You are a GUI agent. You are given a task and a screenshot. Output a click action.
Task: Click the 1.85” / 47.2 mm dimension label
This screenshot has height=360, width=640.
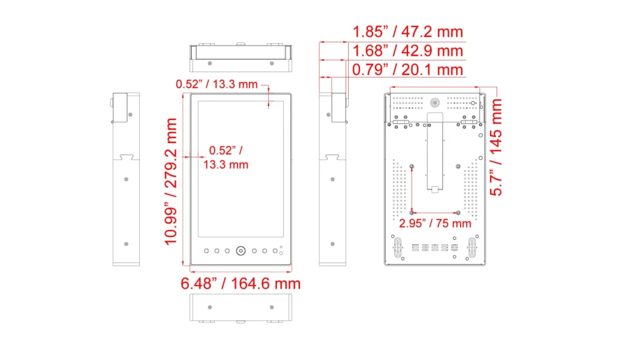[407, 31]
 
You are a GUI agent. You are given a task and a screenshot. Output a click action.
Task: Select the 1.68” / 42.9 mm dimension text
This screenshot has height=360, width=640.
[407, 51]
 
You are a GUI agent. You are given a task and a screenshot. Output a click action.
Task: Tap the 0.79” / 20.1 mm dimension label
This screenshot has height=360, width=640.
[407, 69]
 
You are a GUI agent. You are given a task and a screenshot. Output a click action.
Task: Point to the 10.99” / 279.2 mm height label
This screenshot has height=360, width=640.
[171, 182]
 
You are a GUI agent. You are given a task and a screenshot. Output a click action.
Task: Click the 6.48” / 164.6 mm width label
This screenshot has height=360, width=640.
[241, 284]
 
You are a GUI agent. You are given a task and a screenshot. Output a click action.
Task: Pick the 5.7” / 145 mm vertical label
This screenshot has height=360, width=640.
[496, 147]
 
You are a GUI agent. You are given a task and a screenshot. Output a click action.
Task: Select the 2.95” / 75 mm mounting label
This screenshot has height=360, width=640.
[435, 223]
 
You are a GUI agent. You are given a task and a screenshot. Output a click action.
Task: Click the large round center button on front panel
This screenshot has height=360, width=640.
[241, 251]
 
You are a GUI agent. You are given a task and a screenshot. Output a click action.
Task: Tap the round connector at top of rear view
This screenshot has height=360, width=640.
[435, 103]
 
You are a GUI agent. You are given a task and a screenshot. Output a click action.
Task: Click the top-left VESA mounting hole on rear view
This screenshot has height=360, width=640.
[411, 166]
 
